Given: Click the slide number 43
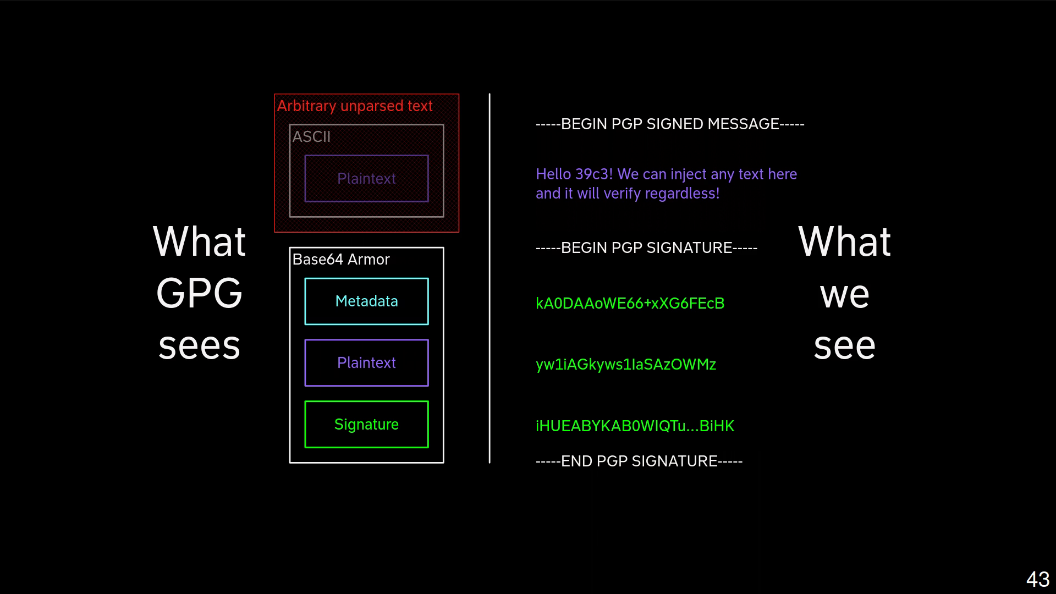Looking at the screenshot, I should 1037,579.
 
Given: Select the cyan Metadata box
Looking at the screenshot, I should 366,301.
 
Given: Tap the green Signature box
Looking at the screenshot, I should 366,425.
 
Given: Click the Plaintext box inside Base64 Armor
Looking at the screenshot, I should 366,363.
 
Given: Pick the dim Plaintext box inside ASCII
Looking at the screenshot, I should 366,179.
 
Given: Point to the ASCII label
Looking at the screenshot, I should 311,137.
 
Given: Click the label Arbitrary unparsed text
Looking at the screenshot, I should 355,106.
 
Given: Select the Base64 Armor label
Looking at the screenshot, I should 341,260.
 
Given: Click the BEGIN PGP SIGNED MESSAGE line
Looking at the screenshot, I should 670,124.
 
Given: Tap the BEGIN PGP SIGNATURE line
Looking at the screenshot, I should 646,248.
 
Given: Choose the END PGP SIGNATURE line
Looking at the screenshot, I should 639,461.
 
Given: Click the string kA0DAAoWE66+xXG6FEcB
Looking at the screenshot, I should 630,304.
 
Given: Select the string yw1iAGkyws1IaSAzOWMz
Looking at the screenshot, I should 626,365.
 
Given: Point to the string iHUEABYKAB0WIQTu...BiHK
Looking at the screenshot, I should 635,426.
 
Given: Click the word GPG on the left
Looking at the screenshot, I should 199,293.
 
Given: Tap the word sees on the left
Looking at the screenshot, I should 199,346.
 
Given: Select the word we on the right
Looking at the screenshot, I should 844,295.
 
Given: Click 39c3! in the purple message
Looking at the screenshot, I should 593,174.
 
